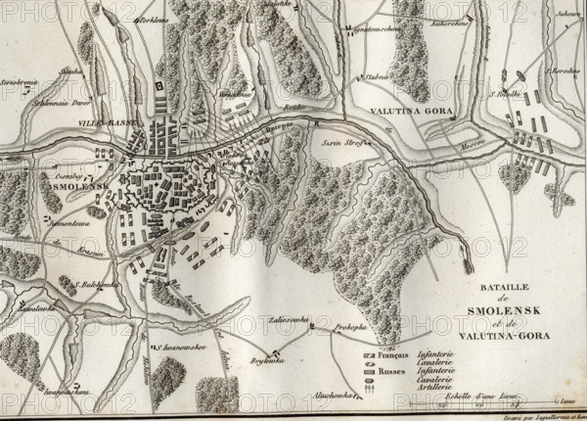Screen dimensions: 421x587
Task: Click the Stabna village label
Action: [x=378, y=74]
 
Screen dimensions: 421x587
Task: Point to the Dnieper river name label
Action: [x=278, y=127]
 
